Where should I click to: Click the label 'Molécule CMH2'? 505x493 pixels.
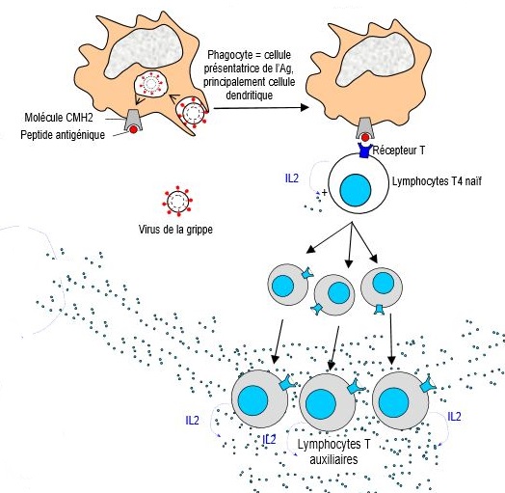(x=59, y=118)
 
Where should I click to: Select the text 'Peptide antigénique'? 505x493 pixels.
(x=63, y=135)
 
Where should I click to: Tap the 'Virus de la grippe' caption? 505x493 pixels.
(x=175, y=230)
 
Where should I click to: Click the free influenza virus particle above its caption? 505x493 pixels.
(x=177, y=201)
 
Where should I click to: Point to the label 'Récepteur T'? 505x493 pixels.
(x=398, y=150)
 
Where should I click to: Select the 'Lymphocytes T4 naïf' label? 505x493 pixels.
(x=437, y=181)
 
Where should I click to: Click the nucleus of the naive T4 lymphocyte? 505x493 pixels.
(x=356, y=190)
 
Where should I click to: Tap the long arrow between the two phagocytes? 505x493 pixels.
(x=261, y=108)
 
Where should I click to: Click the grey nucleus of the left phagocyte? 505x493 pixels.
(x=145, y=50)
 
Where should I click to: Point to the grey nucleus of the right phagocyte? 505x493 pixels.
(x=375, y=60)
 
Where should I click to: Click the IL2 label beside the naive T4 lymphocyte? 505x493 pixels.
(x=292, y=178)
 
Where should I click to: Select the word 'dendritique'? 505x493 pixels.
(x=250, y=96)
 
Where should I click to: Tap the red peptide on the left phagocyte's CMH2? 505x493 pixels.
(x=133, y=129)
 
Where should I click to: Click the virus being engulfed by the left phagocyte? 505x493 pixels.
(x=193, y=113)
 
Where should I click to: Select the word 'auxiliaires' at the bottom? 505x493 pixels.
(x=333, y=459)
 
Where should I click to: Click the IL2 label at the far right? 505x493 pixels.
(x=454, y=417)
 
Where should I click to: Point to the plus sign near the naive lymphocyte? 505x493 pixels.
(x=325, y=193)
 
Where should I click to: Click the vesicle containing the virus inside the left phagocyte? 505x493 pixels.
(x=151, y=85)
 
